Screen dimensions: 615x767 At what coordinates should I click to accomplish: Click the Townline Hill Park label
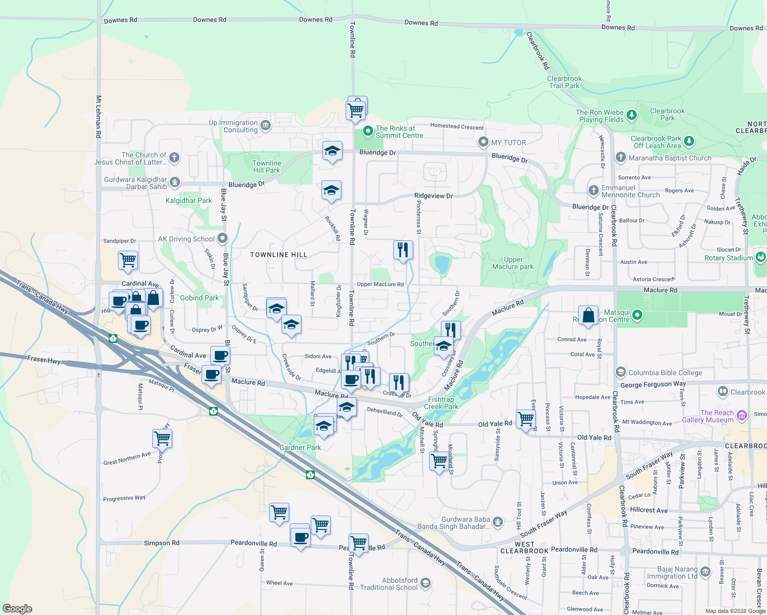pos(267,167)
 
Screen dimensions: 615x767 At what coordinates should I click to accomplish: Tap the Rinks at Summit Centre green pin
pos(368,132)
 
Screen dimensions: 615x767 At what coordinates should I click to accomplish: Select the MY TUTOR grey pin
pos(483,142)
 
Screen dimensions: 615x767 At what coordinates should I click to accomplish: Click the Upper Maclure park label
pos(513,263)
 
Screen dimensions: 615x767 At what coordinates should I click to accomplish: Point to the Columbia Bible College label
pos(665,373)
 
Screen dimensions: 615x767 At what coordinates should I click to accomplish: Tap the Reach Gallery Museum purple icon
pos(741,415)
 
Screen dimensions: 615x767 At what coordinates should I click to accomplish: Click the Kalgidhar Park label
pos(189,200)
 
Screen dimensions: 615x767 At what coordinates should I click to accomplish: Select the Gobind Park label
pos(199,298)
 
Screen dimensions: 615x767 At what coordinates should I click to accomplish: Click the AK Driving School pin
pos(223,238)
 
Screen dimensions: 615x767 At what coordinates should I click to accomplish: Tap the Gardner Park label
pos(300,447)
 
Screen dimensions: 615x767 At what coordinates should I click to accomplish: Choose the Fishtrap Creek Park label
pos(441,403)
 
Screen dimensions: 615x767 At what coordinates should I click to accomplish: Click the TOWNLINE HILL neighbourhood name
pos(278,255)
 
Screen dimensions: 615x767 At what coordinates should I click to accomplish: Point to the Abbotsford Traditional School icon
pos(425,583)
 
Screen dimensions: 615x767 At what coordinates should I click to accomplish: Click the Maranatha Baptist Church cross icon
pos(621,157)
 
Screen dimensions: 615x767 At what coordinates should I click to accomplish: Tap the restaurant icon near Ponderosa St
pos(403,250)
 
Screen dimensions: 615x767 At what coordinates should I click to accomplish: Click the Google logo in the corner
pos(17,608)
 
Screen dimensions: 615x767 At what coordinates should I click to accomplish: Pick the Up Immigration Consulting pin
pos(265,126)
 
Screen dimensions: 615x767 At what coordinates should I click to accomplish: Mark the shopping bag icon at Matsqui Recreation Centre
pos(589,315)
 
